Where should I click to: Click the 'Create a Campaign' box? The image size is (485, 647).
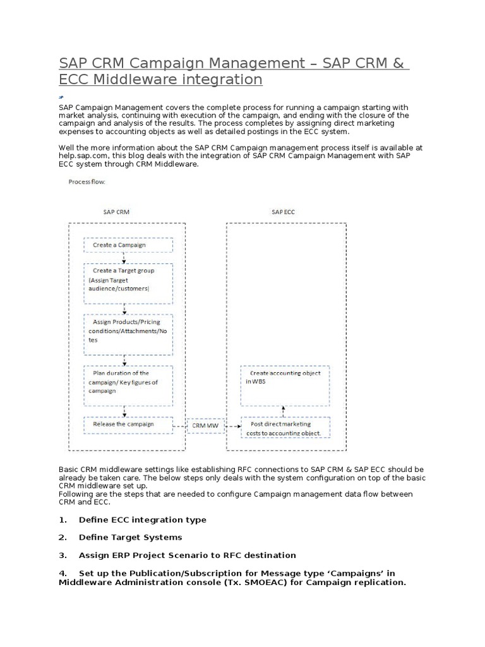128,245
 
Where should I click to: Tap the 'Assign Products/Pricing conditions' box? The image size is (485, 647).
128,330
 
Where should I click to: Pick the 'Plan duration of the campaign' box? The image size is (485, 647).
128,385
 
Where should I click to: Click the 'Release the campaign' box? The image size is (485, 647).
128,425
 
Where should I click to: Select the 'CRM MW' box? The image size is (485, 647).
206,426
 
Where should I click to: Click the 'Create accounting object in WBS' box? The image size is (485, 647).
285,385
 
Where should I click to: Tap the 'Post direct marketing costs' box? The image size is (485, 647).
285,428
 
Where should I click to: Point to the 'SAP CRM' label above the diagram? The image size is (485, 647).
116,212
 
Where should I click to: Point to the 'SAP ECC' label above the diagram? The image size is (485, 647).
284,212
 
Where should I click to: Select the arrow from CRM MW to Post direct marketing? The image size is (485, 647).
232,427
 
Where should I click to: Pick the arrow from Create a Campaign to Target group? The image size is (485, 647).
124,258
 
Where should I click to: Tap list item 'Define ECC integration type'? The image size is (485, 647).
142,520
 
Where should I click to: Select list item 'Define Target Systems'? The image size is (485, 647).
130,538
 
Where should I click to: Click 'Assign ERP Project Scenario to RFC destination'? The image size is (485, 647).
187,555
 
